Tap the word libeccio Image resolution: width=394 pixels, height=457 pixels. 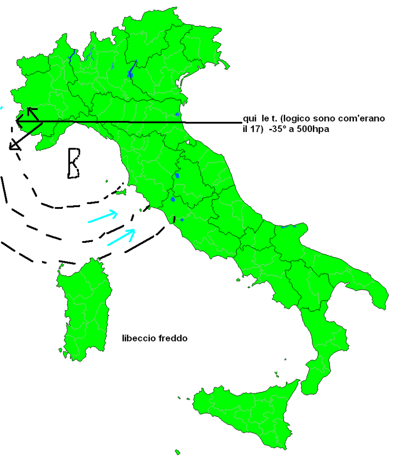click(x=139, y=338)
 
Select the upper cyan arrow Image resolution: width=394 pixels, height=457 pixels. click(x=103, y=216)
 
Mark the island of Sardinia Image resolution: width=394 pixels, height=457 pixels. click(x=85, y=308)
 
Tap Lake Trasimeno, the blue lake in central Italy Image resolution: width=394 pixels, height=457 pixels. click(x=177, y=175)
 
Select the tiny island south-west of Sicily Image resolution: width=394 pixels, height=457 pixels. click(x=177, y=452)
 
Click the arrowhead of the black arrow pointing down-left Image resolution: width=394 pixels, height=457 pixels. click(x=13, y=145)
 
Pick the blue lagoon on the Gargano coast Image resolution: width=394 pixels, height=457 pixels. click(x=288, y=226)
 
